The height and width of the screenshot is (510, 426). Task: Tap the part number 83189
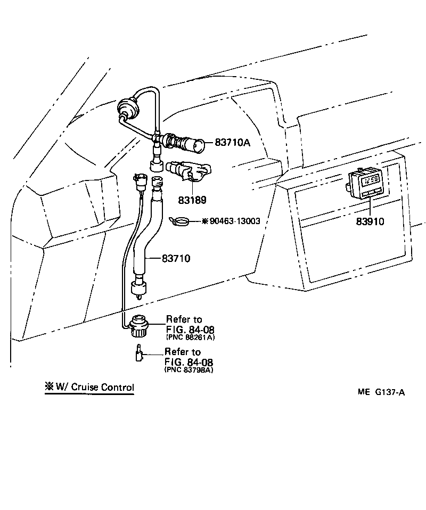192,200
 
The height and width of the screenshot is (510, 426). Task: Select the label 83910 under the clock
370,221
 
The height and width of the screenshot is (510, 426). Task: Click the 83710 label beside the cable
176,258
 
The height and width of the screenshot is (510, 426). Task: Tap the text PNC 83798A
189,370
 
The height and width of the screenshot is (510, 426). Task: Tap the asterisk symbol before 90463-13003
204,221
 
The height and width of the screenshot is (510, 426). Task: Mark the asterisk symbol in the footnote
48,387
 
